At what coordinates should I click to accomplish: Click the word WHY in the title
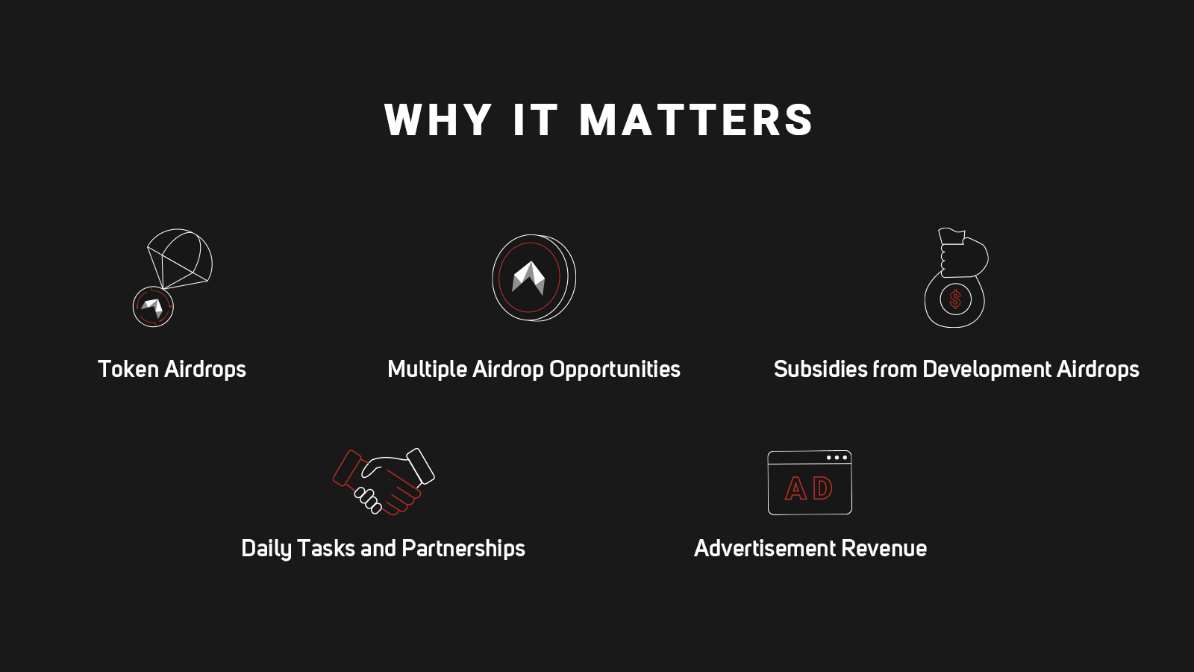coord(438,120)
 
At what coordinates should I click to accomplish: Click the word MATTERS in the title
coord(696,120)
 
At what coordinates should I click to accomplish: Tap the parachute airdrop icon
coord(172,277)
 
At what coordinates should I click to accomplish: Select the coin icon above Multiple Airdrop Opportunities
coord(534,278)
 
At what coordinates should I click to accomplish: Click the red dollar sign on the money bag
coord(955,299)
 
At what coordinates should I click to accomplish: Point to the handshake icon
coord(384,482)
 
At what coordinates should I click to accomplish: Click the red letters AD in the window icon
coord(809,488)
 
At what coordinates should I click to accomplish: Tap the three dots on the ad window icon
coord(837,458)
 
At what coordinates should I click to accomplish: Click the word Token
coord(128,369)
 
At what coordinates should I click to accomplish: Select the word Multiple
coord(427,370)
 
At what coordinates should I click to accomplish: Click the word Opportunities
coord(615,370)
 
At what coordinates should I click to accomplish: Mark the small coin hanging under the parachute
coord(153,307)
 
